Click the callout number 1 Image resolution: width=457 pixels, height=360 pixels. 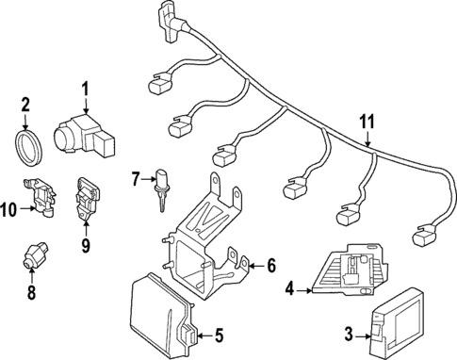pos(85,90)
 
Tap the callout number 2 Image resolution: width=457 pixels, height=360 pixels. pos(25,105)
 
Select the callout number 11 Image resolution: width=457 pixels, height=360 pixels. pos(367,122)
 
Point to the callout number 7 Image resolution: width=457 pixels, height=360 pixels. pos(135,179)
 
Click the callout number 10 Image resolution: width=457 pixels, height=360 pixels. pos(8,209)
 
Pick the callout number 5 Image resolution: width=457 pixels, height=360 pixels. pos(219,335)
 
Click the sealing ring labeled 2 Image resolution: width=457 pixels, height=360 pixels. pos(29,148)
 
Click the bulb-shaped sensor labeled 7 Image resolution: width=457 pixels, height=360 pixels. pos(160,188)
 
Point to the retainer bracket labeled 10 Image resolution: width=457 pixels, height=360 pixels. pos(40,196)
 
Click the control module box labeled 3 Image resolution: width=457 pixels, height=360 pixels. pos(398,323)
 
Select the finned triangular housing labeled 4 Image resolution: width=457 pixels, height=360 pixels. pos(351,270)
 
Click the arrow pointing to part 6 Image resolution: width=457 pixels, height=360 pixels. pos(257,267)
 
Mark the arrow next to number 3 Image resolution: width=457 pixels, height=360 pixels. pos(363,336)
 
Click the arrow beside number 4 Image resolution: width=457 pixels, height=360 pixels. pos(303,291)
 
